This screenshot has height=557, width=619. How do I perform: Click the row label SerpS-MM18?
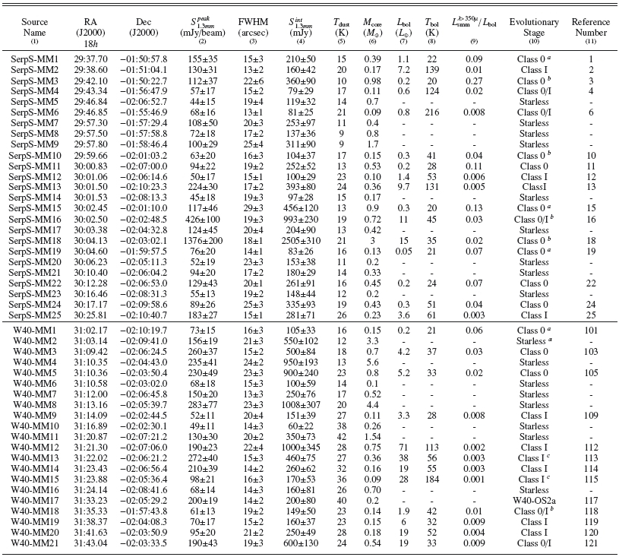click(35, 240)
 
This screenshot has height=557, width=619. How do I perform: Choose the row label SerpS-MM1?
click(35, 59)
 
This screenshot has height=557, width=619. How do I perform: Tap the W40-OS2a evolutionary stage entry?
click(529, 502)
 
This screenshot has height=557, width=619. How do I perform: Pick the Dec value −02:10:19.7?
click(143, 331)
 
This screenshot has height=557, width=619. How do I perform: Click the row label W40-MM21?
click(35, 544)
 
